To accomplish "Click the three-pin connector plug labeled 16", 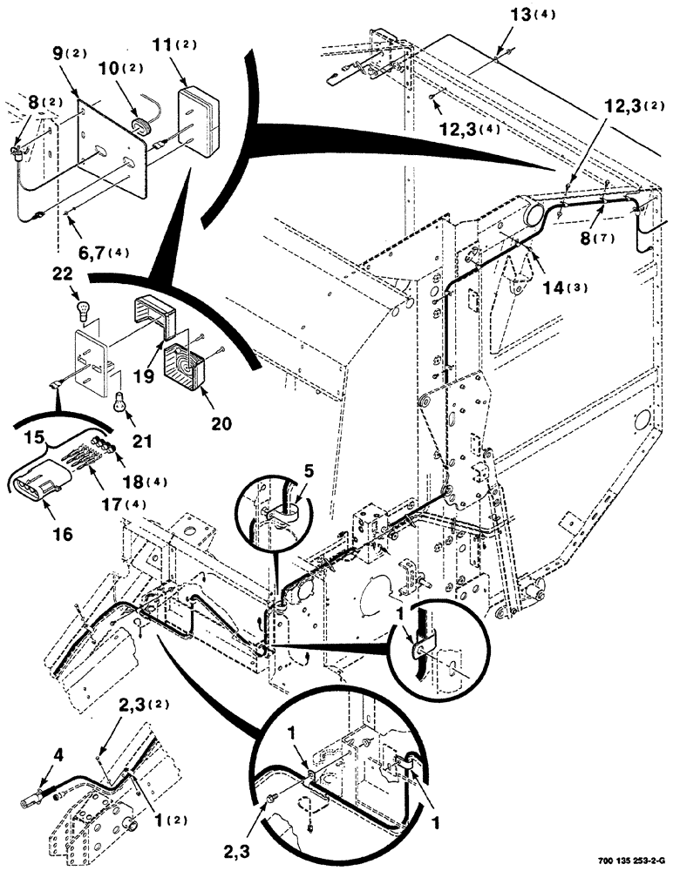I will coord(37,480).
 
